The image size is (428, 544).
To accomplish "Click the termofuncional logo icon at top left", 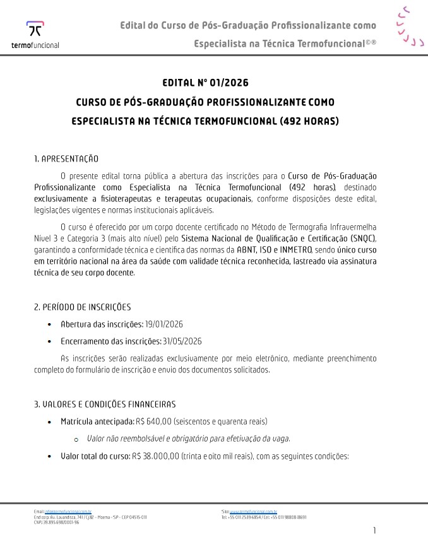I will pos(35,30).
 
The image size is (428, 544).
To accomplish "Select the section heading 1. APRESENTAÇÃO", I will pos(66,158).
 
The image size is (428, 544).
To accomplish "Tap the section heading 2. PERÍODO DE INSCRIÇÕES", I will pos(82,307).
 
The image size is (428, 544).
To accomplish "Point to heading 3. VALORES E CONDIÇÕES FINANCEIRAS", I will pos(105,404).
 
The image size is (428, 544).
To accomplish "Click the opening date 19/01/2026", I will pos(164,324).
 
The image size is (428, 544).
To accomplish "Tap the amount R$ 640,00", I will pos(153,421).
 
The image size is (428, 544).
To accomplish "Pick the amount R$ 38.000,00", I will pos(155,456).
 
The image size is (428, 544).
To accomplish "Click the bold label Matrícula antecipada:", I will pos(97,421).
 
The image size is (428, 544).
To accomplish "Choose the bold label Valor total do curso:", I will pos(95,456).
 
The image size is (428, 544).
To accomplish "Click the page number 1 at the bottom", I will pos(375,530).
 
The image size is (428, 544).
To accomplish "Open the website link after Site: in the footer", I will pos(253,512).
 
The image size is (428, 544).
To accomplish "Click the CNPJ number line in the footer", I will pos(56,522).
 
